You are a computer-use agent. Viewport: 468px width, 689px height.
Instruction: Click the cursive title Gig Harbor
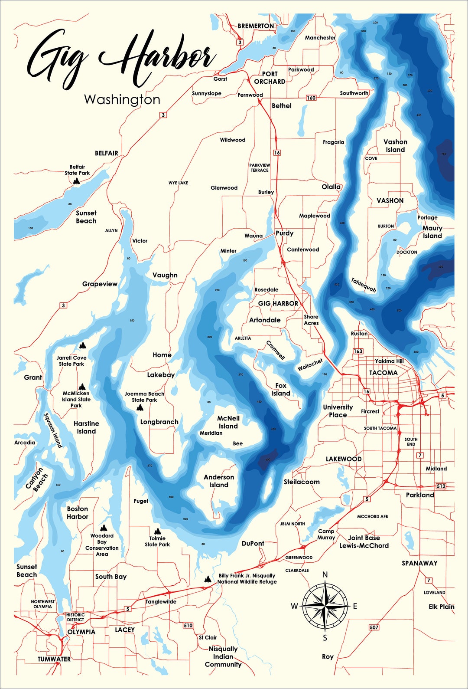click(121, 59)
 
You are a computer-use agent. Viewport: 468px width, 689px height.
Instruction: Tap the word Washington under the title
click(122, 100)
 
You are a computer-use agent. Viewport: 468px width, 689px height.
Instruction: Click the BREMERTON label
click(256, 26)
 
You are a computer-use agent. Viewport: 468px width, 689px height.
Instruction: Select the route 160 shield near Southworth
click(311, 98)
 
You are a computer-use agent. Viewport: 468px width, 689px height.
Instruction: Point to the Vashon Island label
click(395, 146)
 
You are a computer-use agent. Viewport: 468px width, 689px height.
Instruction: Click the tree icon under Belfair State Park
click(77, 181)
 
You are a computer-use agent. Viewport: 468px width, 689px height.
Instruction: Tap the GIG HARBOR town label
click(278, 304)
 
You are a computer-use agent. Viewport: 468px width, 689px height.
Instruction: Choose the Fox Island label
click(281, 389)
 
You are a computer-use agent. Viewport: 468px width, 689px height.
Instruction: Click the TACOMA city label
click(383, 373)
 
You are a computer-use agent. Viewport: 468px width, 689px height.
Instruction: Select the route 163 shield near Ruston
click(358, 351)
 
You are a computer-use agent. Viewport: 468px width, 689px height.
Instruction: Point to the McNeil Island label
click(228, 422)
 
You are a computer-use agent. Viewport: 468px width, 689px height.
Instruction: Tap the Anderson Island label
click(219, 481)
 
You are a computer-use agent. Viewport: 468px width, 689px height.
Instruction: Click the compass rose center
click(325, 606)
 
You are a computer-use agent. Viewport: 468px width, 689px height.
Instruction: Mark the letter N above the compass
click(325, 575)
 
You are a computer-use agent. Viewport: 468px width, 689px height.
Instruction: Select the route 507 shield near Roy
click(374, 627)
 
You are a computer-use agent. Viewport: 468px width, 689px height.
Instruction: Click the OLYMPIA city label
click(81, 632)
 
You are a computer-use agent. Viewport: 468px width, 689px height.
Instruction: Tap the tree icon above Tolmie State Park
click(157, 531)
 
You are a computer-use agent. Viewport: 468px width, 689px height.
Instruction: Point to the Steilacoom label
click(302, 482)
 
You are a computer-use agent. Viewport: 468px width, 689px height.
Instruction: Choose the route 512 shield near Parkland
click(441, 486)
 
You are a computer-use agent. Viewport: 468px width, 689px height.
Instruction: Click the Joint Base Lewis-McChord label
click(364, 541)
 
